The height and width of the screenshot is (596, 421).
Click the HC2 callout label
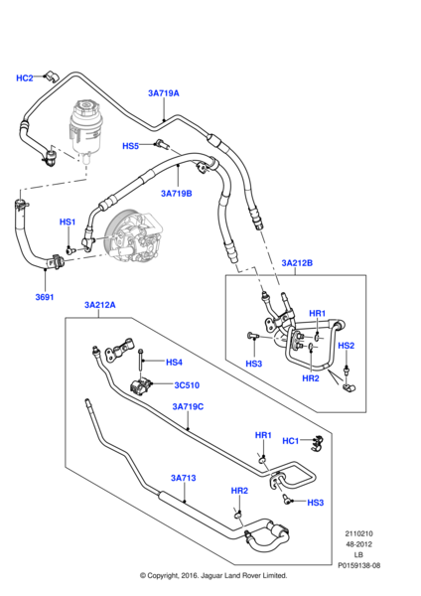coord(25,77)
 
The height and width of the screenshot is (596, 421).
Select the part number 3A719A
coord(163,93)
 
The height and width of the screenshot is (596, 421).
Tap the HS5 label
coord(131,146)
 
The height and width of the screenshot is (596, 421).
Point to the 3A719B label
coord(176,194)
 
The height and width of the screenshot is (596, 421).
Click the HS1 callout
coord(68,222)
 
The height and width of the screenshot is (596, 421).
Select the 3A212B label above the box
coord(296,263)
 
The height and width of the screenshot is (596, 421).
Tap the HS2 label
coord(347,346)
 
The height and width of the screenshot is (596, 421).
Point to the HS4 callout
coord(174,362)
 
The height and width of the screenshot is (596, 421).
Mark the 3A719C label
coord(188,406)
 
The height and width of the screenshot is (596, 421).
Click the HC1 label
coord(291,440)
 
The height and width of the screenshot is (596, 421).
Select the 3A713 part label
coord(183,479)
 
